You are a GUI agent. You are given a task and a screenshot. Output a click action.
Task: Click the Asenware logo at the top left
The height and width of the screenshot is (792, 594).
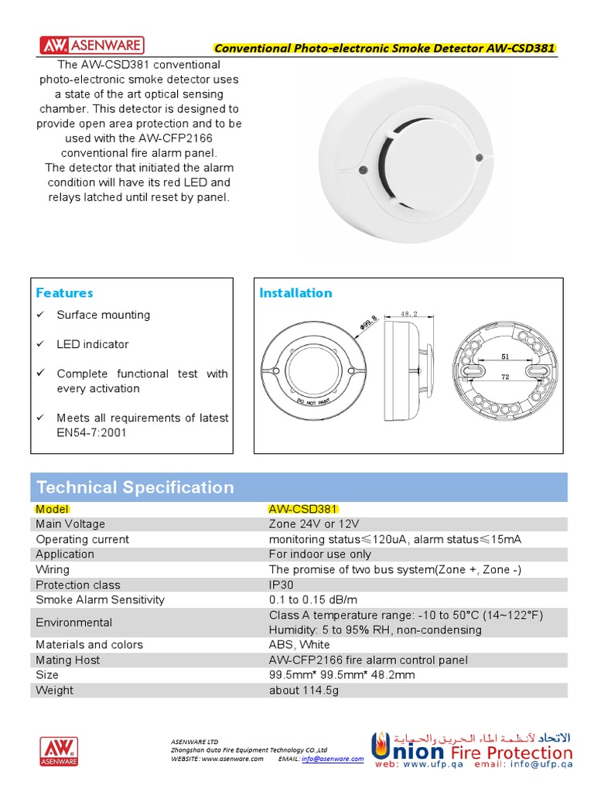click(90, 44)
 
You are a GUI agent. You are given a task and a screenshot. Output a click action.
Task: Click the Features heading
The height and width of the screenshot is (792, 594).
click(64, 292)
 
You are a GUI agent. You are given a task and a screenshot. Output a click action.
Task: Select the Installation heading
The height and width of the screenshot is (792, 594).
click(295, 292)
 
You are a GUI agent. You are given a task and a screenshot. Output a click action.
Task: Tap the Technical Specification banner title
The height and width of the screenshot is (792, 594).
click(135, 487)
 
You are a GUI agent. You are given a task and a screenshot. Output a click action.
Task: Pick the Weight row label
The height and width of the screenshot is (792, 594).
click(54, 690)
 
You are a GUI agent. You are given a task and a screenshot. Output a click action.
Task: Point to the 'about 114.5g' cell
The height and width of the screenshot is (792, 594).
click(303, 690)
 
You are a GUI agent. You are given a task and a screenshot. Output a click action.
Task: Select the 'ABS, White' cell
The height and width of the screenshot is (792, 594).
click(299, 644)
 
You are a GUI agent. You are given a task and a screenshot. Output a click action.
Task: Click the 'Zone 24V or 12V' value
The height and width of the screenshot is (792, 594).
click(314, 524)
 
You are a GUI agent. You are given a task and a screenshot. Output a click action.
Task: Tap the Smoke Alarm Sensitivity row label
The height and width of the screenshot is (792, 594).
click(100, 599)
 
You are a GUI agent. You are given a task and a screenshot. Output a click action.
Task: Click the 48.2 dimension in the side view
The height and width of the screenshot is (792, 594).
click(410, 314)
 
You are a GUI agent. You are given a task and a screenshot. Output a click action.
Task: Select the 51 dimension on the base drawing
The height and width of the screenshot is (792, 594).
click(504, 357)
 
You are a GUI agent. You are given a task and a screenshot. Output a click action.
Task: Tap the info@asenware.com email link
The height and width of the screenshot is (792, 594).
click(332, 759)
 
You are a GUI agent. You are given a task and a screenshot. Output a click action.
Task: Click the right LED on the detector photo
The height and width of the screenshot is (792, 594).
click(480, 158)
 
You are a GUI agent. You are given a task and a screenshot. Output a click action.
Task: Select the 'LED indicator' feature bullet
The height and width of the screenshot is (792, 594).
click(92, 344)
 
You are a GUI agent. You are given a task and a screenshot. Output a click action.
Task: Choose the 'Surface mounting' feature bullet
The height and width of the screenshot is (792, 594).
click(103, 315)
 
